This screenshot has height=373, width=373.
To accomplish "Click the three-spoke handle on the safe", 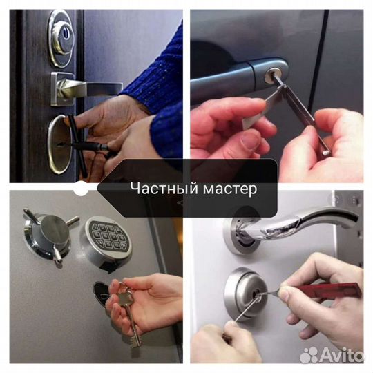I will (x=47, y=231).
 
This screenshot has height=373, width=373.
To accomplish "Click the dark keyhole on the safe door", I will (x=100, y=289).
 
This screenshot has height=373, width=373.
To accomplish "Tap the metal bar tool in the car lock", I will (x=297, y=111).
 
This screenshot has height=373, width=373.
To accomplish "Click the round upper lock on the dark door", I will (x=62, y=32).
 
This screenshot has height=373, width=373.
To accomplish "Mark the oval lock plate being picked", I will (x=59, y=144).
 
